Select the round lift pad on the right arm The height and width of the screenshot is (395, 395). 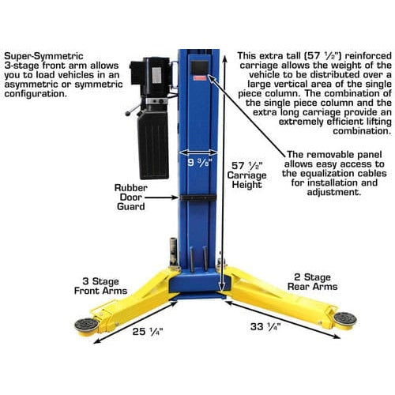pyautogui.click(x=344, y=318)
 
